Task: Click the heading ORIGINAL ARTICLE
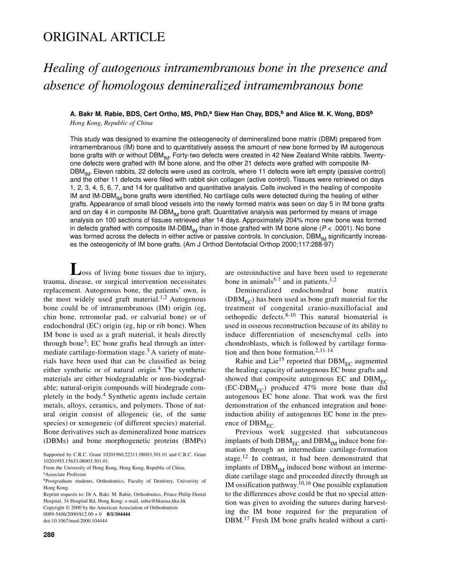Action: (104, 37)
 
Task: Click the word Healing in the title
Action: (63, 68)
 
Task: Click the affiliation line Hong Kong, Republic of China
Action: (111, 123)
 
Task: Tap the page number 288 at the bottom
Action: (49, 535)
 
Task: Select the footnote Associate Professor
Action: (66, 474)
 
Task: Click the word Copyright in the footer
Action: (55, 507)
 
